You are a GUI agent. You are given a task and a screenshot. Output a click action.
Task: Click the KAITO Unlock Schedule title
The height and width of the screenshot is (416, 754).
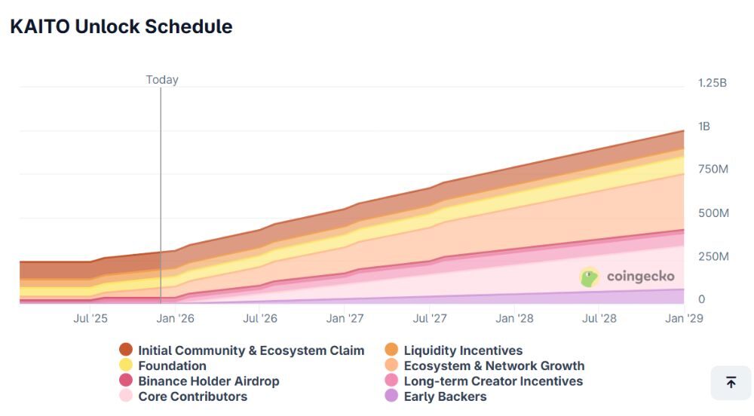tap(121, 26)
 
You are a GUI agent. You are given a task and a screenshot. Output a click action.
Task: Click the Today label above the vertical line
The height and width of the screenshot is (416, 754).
tap(162, 80)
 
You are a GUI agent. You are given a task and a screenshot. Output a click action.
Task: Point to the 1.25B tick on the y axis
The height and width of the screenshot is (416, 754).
tap(712, 83)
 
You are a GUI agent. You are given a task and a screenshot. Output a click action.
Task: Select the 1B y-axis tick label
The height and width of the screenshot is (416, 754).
tap(704, 127)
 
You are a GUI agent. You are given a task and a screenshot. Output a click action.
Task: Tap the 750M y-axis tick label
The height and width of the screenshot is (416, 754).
tap(713, 170)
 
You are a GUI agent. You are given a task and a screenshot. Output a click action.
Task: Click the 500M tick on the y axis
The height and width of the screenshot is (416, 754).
tap(713, 213)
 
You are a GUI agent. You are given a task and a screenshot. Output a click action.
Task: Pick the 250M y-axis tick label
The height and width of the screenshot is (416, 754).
tap(713, 256)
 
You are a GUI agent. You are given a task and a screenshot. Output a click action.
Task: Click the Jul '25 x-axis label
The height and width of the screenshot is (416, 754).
tap(90, 318)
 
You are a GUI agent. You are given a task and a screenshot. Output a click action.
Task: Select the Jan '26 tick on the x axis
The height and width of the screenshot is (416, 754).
tap(176, 318)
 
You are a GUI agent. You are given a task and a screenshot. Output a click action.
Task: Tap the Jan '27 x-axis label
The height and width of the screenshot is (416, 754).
tap(346, 318)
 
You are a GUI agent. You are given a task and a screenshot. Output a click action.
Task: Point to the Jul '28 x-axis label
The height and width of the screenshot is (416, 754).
tap(599, 318)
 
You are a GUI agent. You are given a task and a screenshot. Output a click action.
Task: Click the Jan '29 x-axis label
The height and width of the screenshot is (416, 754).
tap(685, 318)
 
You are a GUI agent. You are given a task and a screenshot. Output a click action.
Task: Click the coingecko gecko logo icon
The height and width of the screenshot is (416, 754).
tap(590, 277)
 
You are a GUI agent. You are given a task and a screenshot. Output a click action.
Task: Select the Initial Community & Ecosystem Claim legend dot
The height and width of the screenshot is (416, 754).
tap(126, 350)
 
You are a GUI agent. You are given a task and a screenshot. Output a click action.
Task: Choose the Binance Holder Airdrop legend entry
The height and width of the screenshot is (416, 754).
tap(208, 381)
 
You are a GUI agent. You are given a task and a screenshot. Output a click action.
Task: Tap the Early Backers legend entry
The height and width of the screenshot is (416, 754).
tap(445, 396)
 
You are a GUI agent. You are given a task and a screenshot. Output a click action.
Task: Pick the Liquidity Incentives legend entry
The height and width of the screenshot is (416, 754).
tap(463, 350)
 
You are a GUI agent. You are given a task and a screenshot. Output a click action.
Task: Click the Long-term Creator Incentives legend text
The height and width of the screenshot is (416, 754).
tap(493, 381)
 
